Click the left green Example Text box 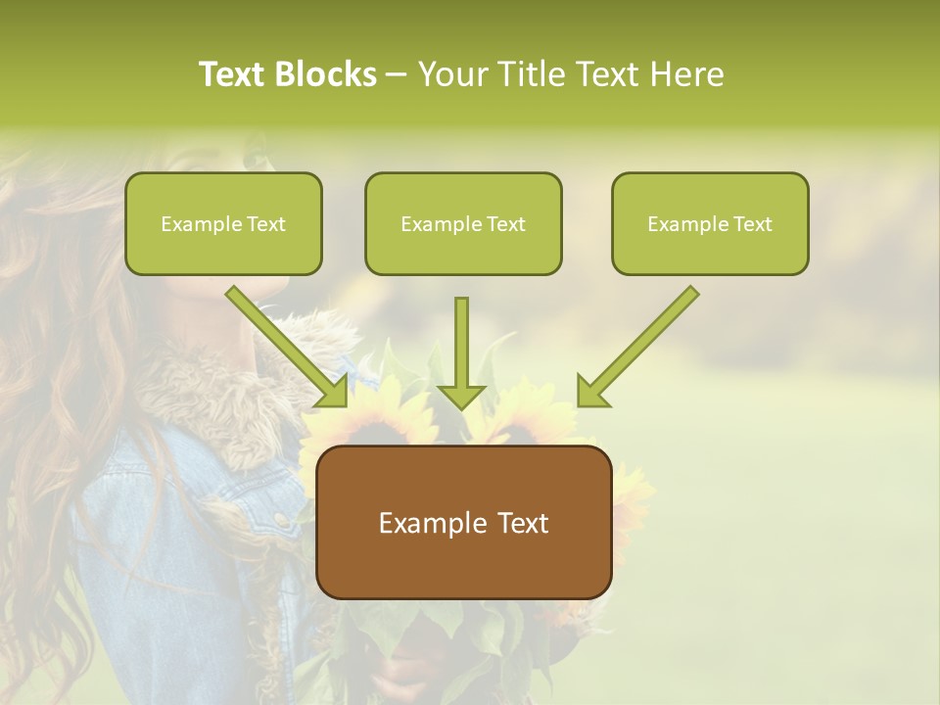pyautogui.click(x=223, y=223)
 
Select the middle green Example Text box pyautogui.click(x=463, y=223)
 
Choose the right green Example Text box pyautogui.click(x=710, y=223)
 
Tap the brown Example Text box pyautogui.click(x=464, y=522)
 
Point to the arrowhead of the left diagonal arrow pyautogui.click(x=334, y=392)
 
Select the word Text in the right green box pyautogui.click(x=751, y=224)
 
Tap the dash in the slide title pyautogui.click(x=397, y=75)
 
